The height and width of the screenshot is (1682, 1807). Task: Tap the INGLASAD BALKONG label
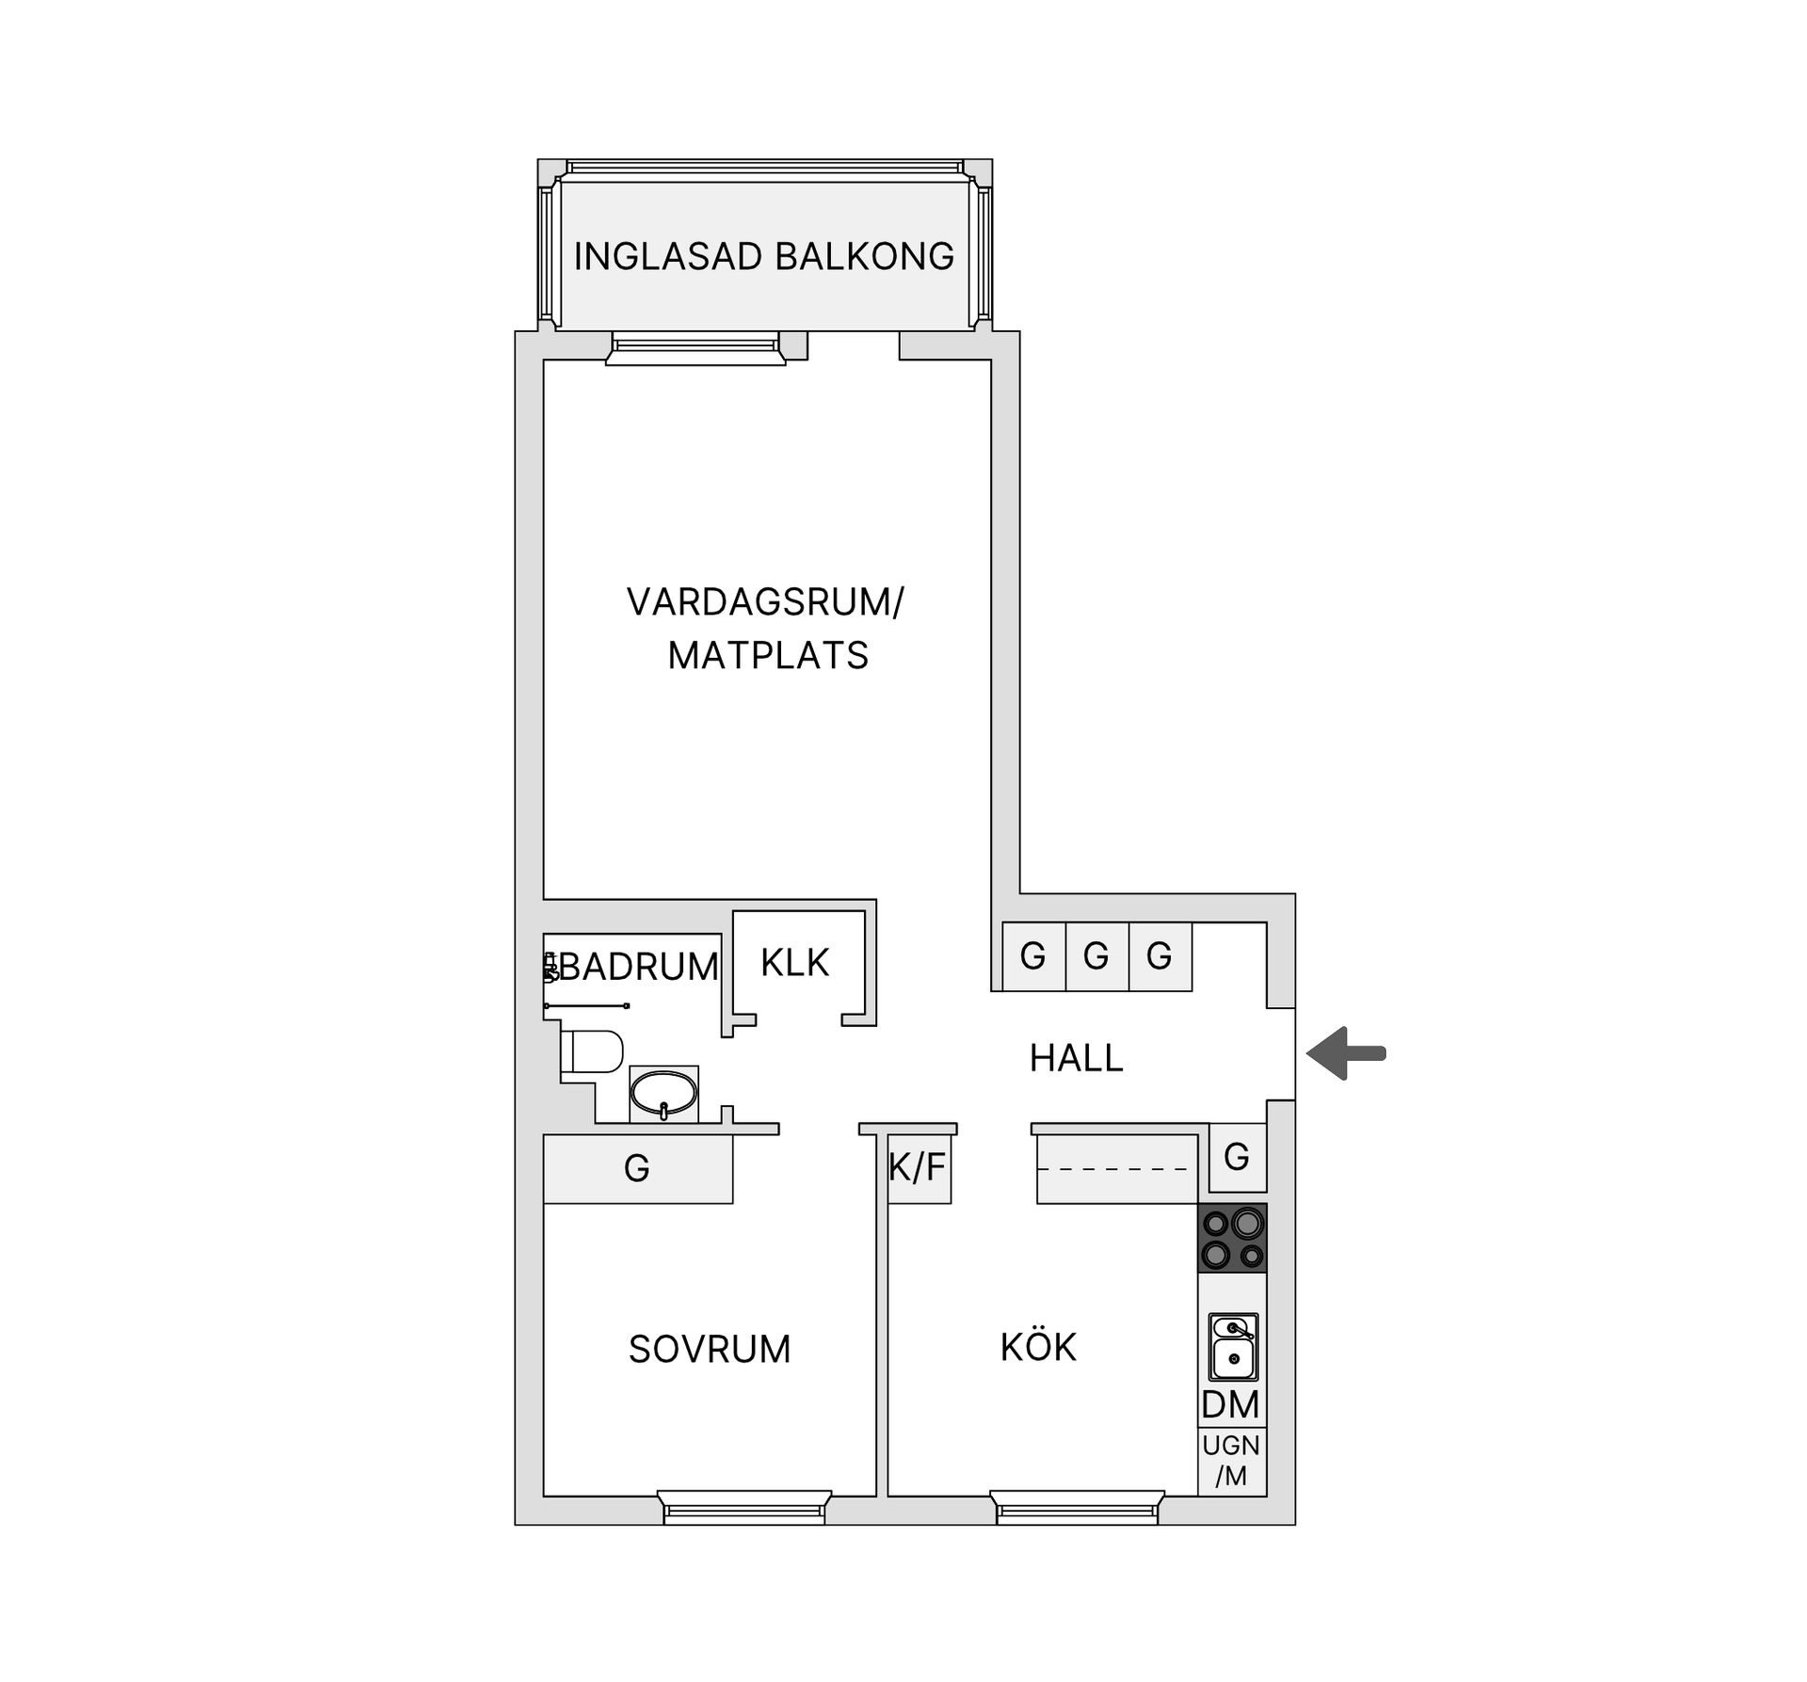(x=763, y=256)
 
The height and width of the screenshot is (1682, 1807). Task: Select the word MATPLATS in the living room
(x=768, y=655)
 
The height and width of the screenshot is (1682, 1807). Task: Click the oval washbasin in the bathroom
(x=664, y=1094)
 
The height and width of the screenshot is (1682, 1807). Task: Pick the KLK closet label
(x=795, y=963)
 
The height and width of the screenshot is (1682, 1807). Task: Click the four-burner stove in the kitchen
(x=1232, y=1238)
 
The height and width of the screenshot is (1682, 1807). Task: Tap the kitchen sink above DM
(x=1233, y=1347)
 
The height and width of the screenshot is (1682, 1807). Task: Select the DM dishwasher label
(x=1230, y=1404)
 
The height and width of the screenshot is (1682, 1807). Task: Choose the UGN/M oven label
(x=1231, y=1460)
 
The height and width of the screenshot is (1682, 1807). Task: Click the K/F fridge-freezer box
(x=919, y=1168)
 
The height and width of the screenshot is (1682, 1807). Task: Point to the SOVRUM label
(x=710, y=1349)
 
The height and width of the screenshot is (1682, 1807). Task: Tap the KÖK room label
(x=1038, y=1347)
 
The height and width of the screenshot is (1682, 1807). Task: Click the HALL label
(x=1077, y=1058)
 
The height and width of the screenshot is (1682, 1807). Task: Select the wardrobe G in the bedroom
(x=637, y=1168)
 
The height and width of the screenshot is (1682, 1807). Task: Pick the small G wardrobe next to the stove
(x=1237, y=1157)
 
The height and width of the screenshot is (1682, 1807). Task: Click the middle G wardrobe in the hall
(x=1096, y=956)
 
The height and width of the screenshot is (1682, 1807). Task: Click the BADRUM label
(x=639, y=967)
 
